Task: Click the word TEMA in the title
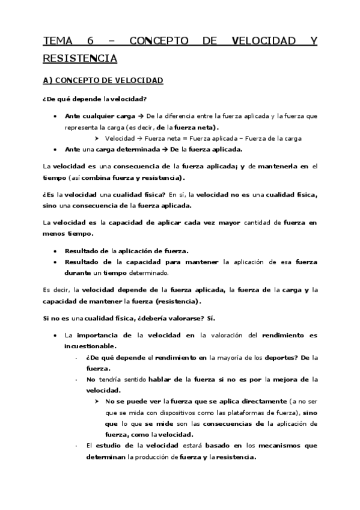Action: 57,41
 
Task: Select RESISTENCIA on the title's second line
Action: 80,58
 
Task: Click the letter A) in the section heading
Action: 48,80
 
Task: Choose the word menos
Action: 54,233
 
